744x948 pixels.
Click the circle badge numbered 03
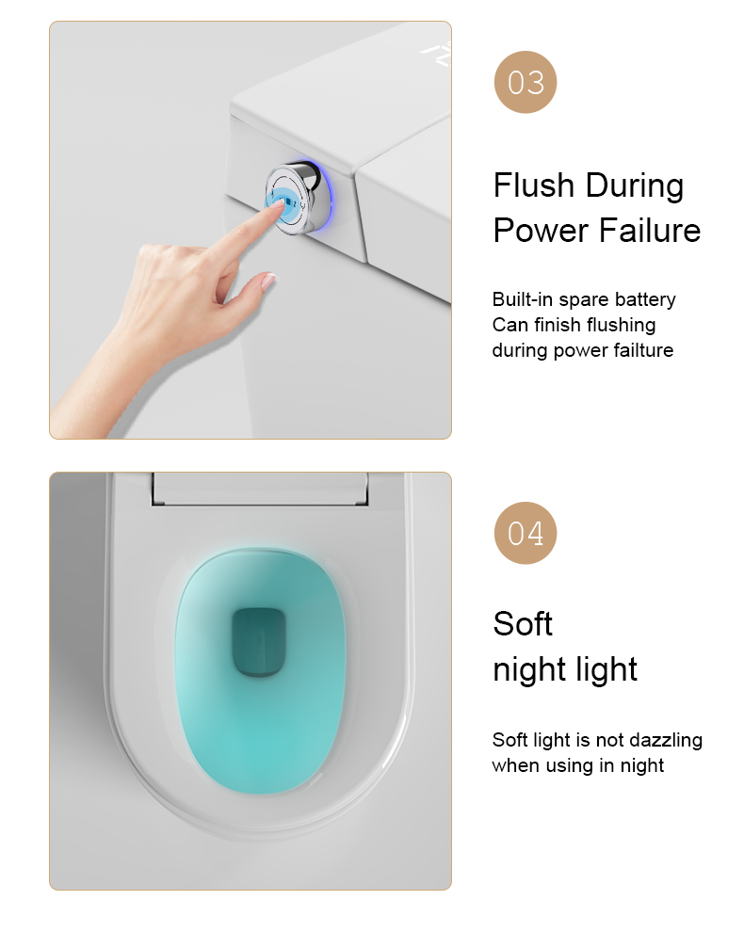click(x=525, y=82)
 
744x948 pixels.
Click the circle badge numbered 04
click(x=525, y=533)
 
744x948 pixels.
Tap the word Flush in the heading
click(x=533, y=185)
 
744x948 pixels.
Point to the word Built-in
click(x=522, y=299)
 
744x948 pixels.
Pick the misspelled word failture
click(x=643, y=350)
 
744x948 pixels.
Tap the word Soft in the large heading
click(x=523, y=624)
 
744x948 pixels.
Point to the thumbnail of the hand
click(x=268, y=280)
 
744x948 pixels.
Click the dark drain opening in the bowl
click(x=259, y=641)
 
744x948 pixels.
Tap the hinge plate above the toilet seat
click(x=260, y=489)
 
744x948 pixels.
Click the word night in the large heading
click(x=535, y=670)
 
